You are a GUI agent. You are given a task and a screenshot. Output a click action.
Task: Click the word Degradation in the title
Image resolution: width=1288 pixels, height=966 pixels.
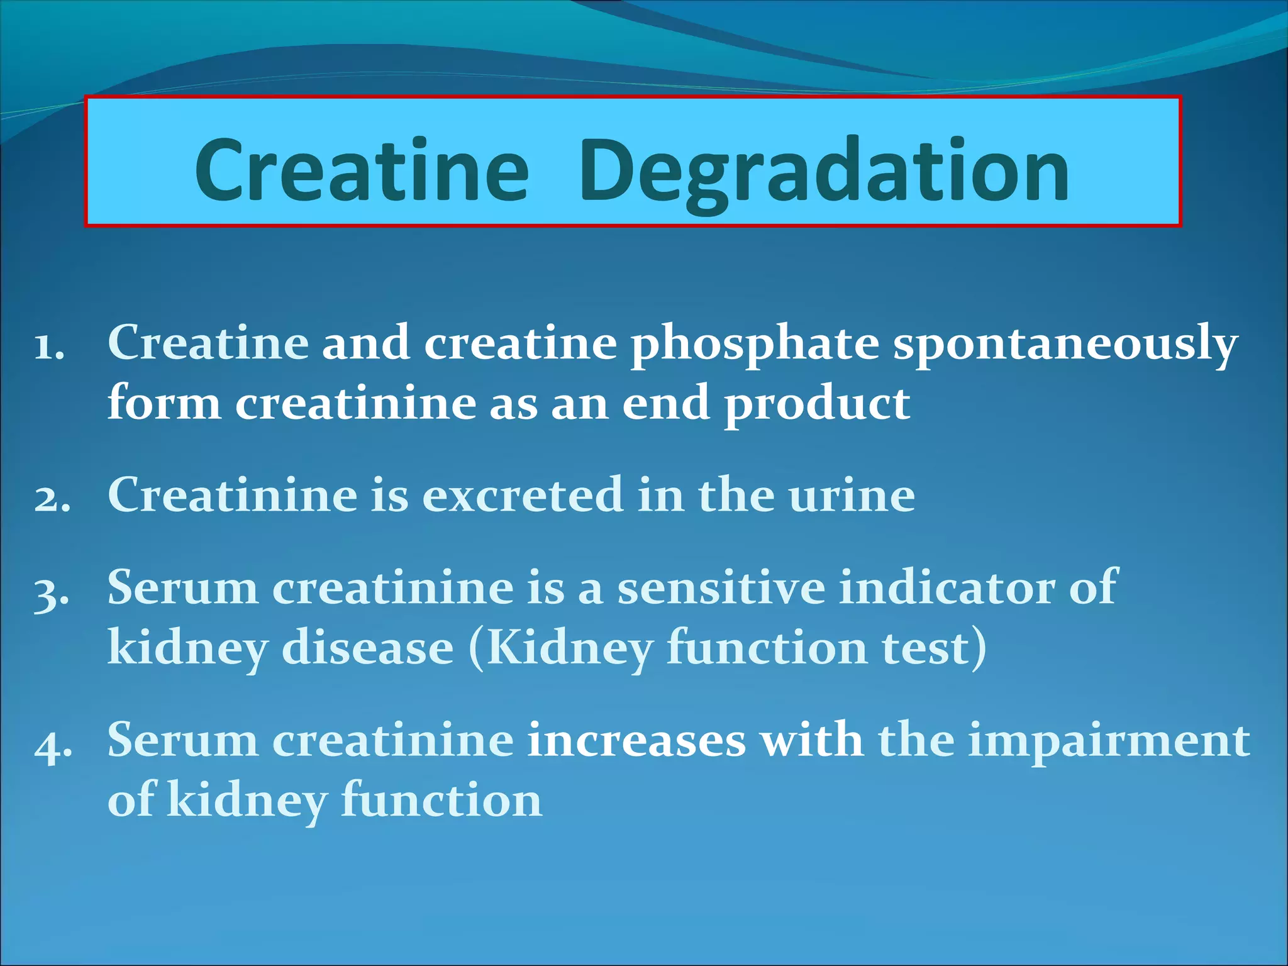824,171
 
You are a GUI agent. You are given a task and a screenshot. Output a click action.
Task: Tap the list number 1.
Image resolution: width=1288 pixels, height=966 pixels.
50,346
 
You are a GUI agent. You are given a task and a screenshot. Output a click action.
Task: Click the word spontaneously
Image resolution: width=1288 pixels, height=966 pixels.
1065,345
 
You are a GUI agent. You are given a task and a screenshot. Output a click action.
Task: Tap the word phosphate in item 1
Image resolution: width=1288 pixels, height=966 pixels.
755,345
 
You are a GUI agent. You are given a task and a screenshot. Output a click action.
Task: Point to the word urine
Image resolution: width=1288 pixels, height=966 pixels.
852,496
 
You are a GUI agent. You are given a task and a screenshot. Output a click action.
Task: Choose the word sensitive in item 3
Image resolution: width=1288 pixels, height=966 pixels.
721,587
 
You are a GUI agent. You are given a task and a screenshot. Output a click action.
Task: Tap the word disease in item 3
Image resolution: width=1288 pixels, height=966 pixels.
367,648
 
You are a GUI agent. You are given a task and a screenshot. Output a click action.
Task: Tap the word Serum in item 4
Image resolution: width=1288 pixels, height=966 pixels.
182,740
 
